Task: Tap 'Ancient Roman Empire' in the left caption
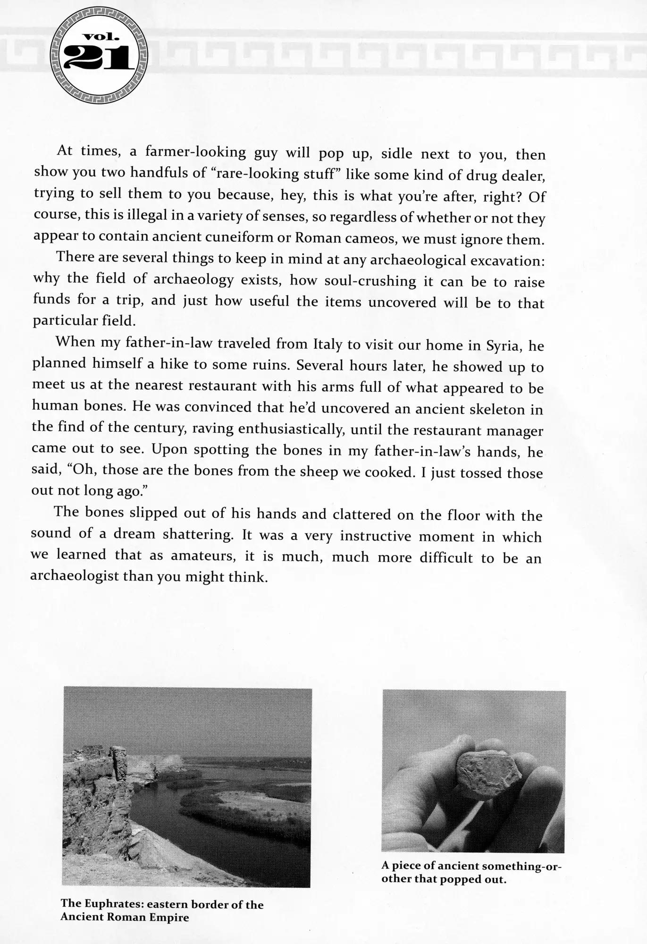125,918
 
